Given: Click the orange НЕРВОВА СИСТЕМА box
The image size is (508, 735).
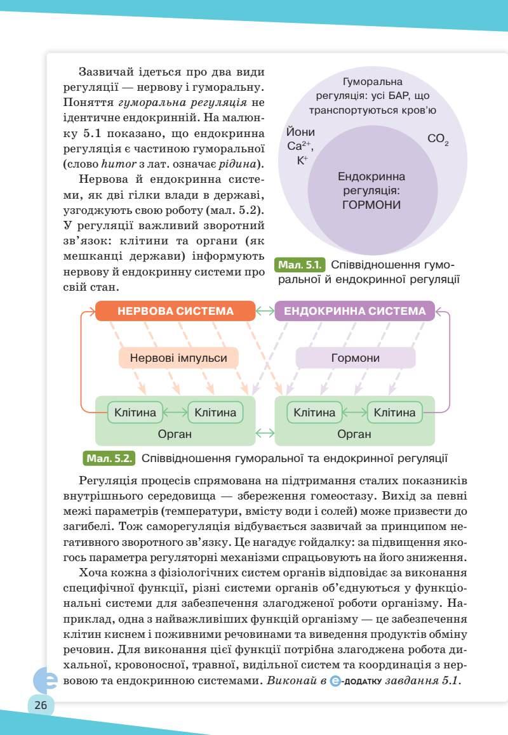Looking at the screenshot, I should (x=175, y=311).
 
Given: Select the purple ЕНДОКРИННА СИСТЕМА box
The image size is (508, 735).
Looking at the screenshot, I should (x=355, y=311).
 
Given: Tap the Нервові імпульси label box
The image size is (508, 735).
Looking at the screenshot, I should (x=178, y=358).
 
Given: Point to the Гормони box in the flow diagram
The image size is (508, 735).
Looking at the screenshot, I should (x=355, y=358).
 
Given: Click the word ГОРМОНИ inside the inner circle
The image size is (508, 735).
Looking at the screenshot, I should (x=371, y=205).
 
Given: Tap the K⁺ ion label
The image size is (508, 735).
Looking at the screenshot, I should (x=302, y=160).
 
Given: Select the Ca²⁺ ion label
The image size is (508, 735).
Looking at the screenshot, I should (x=300, y=146).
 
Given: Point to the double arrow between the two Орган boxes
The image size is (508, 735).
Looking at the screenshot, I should (x=264, y=434).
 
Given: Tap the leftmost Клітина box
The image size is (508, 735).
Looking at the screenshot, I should (x=135, y=413).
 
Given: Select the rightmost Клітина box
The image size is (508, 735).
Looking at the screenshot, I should (x=394, y=413).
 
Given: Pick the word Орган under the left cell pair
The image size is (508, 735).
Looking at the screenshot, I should (x=175, y=434).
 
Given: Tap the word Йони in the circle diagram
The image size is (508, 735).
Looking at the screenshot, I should (x=300, y=133).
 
